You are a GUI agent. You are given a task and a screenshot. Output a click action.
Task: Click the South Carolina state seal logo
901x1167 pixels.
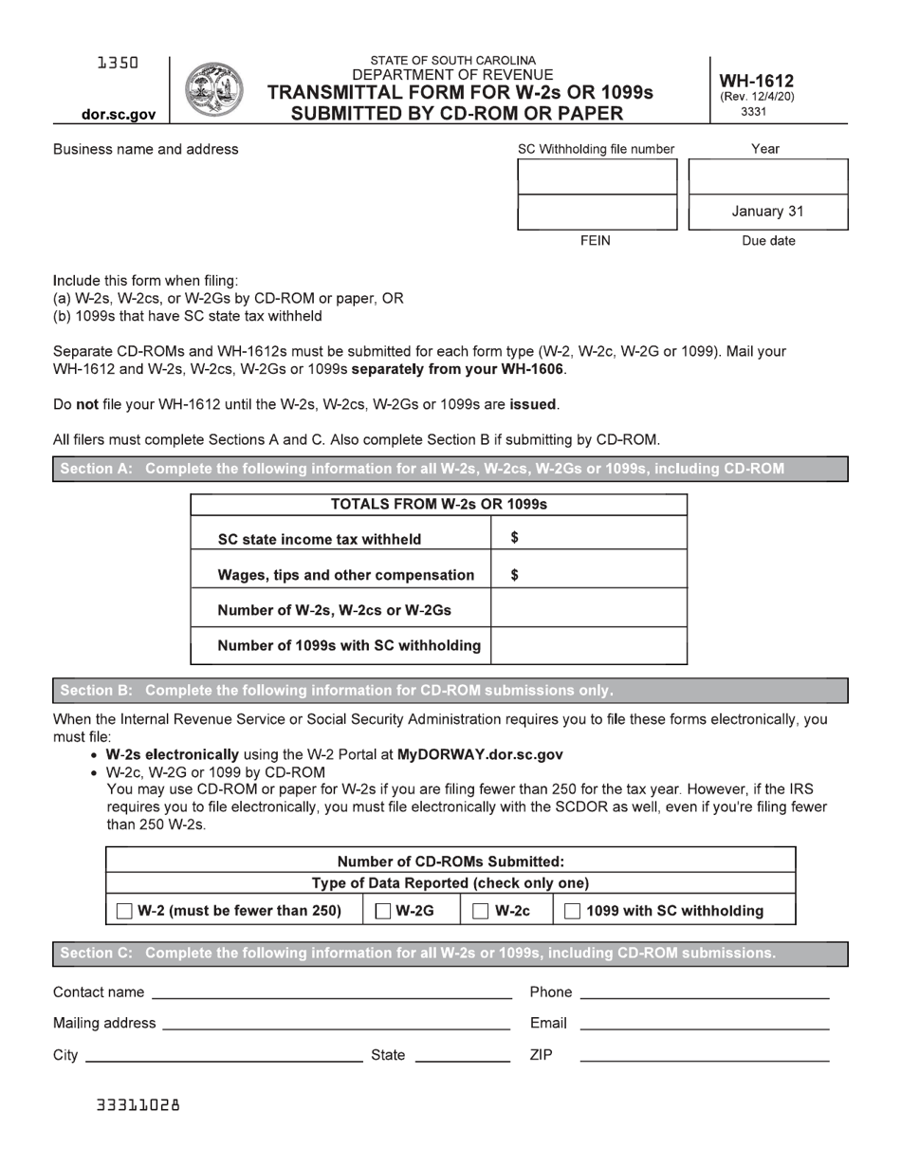[213, 89]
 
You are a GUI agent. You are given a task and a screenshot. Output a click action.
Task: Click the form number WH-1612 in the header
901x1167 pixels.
[757, 82]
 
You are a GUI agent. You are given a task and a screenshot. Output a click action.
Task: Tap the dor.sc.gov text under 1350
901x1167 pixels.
[119, 115]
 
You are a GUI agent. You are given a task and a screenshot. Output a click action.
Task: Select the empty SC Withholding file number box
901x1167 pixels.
[597, 176]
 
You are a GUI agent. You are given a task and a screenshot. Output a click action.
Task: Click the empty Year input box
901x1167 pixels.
[767, 176]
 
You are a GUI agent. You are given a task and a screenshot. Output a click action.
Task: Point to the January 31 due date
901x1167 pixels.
[767, 212]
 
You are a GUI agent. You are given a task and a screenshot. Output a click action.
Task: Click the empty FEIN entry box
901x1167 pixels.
[597, 212]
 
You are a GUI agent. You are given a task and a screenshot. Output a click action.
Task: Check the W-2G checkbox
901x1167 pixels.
[384, 912]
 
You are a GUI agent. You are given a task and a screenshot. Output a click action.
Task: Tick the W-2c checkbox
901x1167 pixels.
[482, 912]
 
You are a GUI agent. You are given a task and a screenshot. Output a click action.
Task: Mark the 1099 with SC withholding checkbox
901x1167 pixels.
[573, 912]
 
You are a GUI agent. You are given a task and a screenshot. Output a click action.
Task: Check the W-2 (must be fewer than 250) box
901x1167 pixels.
[124, 912]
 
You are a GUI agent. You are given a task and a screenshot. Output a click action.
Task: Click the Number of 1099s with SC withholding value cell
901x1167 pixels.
[588, 646]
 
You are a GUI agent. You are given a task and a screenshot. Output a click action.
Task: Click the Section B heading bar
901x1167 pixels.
[450, 691]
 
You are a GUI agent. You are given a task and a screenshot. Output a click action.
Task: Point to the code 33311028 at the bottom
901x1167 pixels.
[138, 1105]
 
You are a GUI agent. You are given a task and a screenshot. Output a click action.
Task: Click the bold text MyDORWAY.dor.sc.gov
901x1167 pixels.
[480, 755]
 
